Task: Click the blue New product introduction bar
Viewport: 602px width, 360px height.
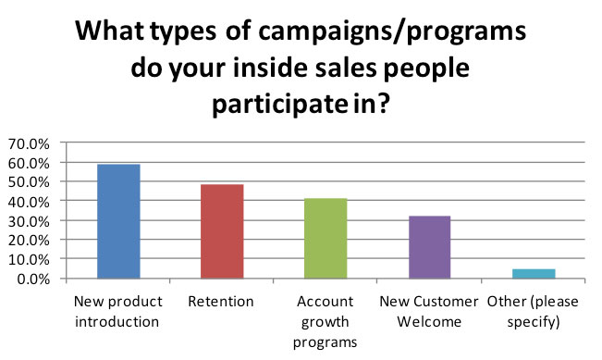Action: (117, 221)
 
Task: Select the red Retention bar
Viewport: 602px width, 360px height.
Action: (221, 231)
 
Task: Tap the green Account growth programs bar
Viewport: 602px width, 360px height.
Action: (326, 238)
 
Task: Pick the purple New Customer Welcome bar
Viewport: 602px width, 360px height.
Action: (429, 246)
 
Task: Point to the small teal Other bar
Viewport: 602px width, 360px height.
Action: (534, 273)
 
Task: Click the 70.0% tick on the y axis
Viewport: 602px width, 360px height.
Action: (30, 143)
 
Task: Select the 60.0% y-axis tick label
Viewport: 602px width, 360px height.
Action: (30, 163)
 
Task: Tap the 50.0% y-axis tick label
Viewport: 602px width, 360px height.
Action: (30, 182)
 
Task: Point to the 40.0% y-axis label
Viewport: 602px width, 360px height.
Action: (30, 202)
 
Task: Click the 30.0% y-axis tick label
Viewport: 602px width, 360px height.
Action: (30, 221)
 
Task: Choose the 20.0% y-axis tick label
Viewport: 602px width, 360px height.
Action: (30, 241)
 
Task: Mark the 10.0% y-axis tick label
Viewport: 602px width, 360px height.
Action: (30, 260)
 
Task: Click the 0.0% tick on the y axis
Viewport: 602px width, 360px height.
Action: (33, 279)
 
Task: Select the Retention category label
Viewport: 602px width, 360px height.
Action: (222, 302)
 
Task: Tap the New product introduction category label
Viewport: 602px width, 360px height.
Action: (117, 311)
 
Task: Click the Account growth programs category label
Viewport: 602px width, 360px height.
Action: (326, 321)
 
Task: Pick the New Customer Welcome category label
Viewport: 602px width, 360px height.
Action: (429, 311)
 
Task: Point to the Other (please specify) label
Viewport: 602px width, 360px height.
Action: (534, 311)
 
